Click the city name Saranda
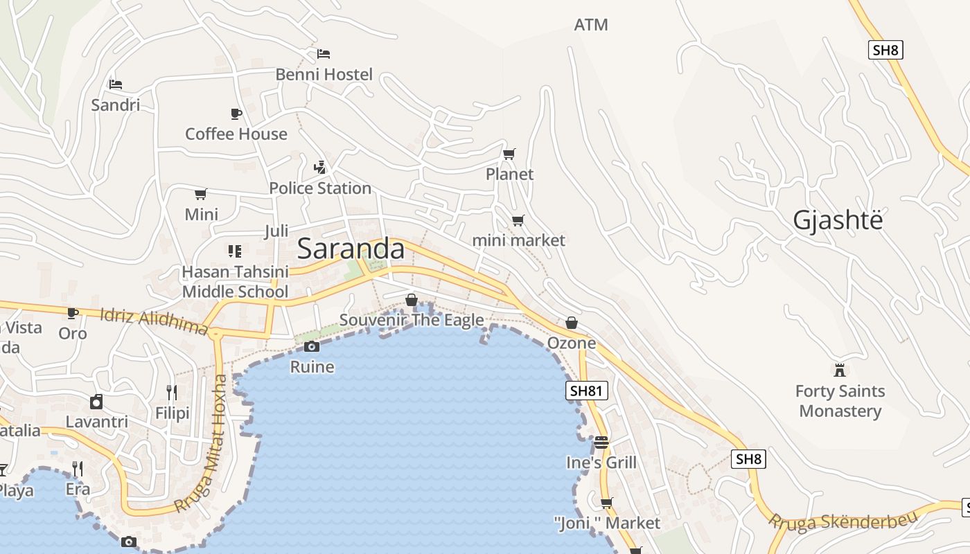point(351,249)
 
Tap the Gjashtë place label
point(838,220)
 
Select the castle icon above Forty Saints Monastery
point(840,370)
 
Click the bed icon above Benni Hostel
point(324,53)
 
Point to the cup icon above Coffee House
point(236,114)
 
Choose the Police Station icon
point(319,167)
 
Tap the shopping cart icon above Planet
point(509,154)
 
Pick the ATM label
point(591,25)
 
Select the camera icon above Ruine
point(312,346)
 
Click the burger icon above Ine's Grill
point(601,442)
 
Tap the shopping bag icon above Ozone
point(572,323)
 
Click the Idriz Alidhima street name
point(154,321)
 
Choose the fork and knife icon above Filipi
point(172,393)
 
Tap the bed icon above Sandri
point(116,84)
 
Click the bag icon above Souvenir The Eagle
point(412,300)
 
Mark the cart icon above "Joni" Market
point(607,503)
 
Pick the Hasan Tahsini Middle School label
point(235,281)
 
